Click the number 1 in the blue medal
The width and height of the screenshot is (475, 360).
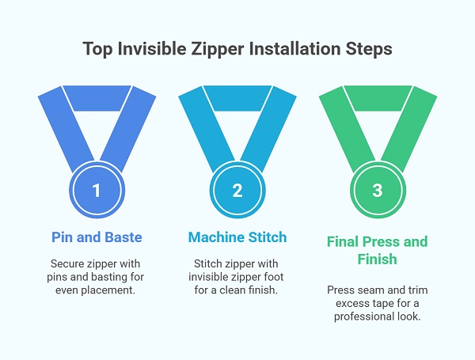coord(97,191)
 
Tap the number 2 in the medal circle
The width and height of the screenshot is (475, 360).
coord(237,191)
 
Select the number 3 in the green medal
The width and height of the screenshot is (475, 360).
coord(378,191)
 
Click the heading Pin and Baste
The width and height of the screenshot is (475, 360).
coord(97,237)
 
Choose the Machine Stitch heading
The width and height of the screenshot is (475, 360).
coord(237,237)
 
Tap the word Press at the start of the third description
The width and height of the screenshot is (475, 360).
coord(340,290)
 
